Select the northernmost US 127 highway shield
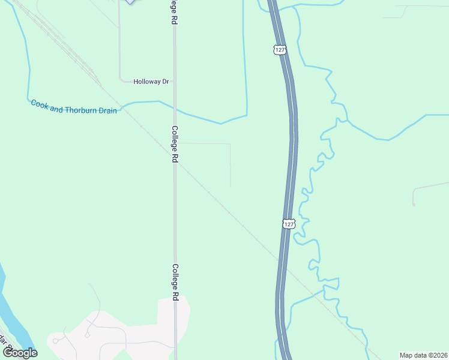point(280,50)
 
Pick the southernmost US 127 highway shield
point(289,223)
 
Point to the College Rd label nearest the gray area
point(175,282)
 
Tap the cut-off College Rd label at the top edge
point(174,11)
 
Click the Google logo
point(20,353)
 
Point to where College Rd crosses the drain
point(175,110)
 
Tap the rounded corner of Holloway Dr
point(121,79)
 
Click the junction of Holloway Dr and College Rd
point(175,82)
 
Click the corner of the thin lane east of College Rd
point(230,144)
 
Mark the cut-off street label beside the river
point(7,342)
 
